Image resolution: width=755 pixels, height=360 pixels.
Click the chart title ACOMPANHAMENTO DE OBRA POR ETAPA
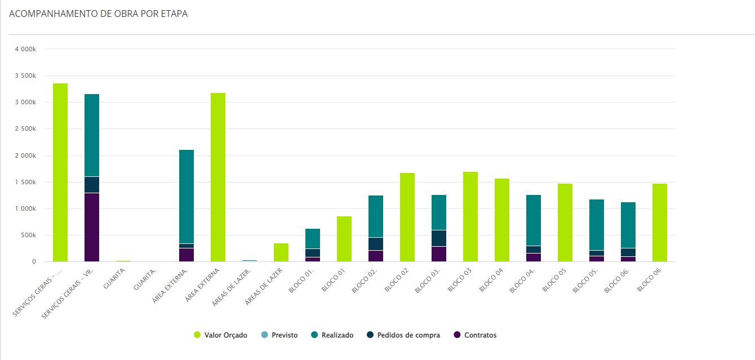click(99, 14)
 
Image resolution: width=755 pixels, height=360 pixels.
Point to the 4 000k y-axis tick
click(25, 50)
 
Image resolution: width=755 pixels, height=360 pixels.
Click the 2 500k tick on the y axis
click(25, 129)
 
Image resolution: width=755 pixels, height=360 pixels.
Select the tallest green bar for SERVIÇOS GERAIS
click(60, 172)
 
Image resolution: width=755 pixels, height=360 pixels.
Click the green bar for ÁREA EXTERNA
click(218, 177)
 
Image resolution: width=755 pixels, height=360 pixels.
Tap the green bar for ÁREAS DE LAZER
click(281, 252)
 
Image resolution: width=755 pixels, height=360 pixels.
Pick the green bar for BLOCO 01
click(344, 239)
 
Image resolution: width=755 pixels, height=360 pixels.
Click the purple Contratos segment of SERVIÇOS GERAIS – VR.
click(92, 228)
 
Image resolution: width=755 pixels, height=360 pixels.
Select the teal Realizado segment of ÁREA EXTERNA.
click(186, 197)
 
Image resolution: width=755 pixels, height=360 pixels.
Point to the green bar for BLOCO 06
click(660, 223)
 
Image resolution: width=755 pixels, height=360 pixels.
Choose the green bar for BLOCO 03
click(470, 217)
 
